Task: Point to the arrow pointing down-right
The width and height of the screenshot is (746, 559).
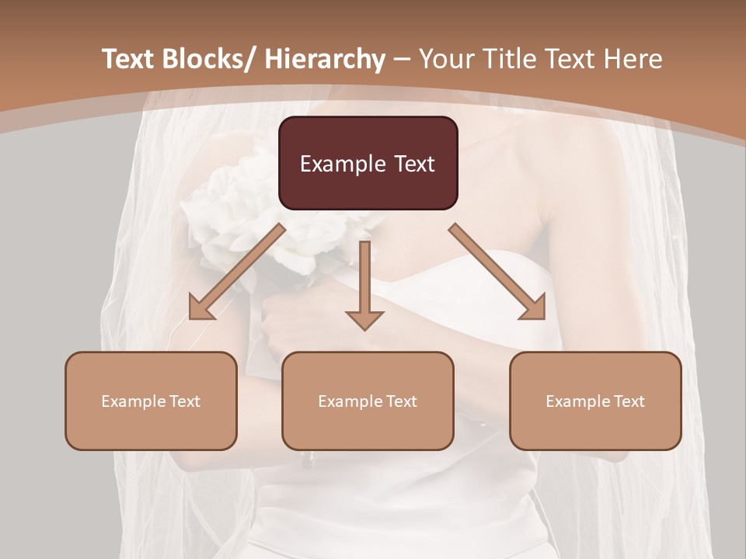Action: (x=497, y=272)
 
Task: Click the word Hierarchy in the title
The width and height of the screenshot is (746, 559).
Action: (x=325, y=59)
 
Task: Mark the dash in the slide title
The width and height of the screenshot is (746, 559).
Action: (x=402, y=60)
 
